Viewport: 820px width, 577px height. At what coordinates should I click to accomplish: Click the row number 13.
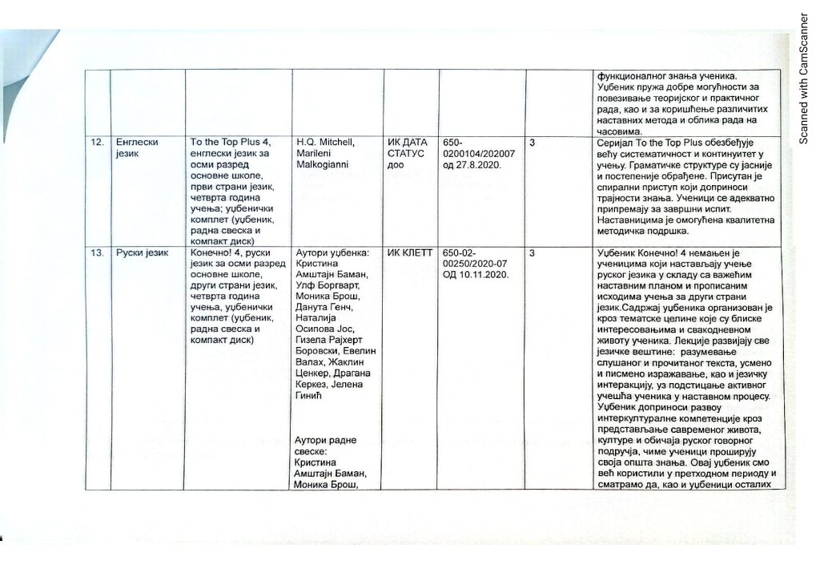tap(96, 253)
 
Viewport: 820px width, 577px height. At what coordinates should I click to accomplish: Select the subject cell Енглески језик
tap(135, 147)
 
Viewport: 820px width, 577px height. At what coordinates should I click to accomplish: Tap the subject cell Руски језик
tap(141, 253)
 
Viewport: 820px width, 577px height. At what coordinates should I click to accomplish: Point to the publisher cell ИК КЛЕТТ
tap(410, 253)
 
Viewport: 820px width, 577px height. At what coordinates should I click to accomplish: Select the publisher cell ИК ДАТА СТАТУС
tap(408, 153)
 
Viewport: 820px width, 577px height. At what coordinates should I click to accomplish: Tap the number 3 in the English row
tap(533, 143)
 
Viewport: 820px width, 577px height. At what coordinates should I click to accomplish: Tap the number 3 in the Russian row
tap(533, 253)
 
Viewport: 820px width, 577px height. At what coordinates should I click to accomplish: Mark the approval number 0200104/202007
tap(476, 153)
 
